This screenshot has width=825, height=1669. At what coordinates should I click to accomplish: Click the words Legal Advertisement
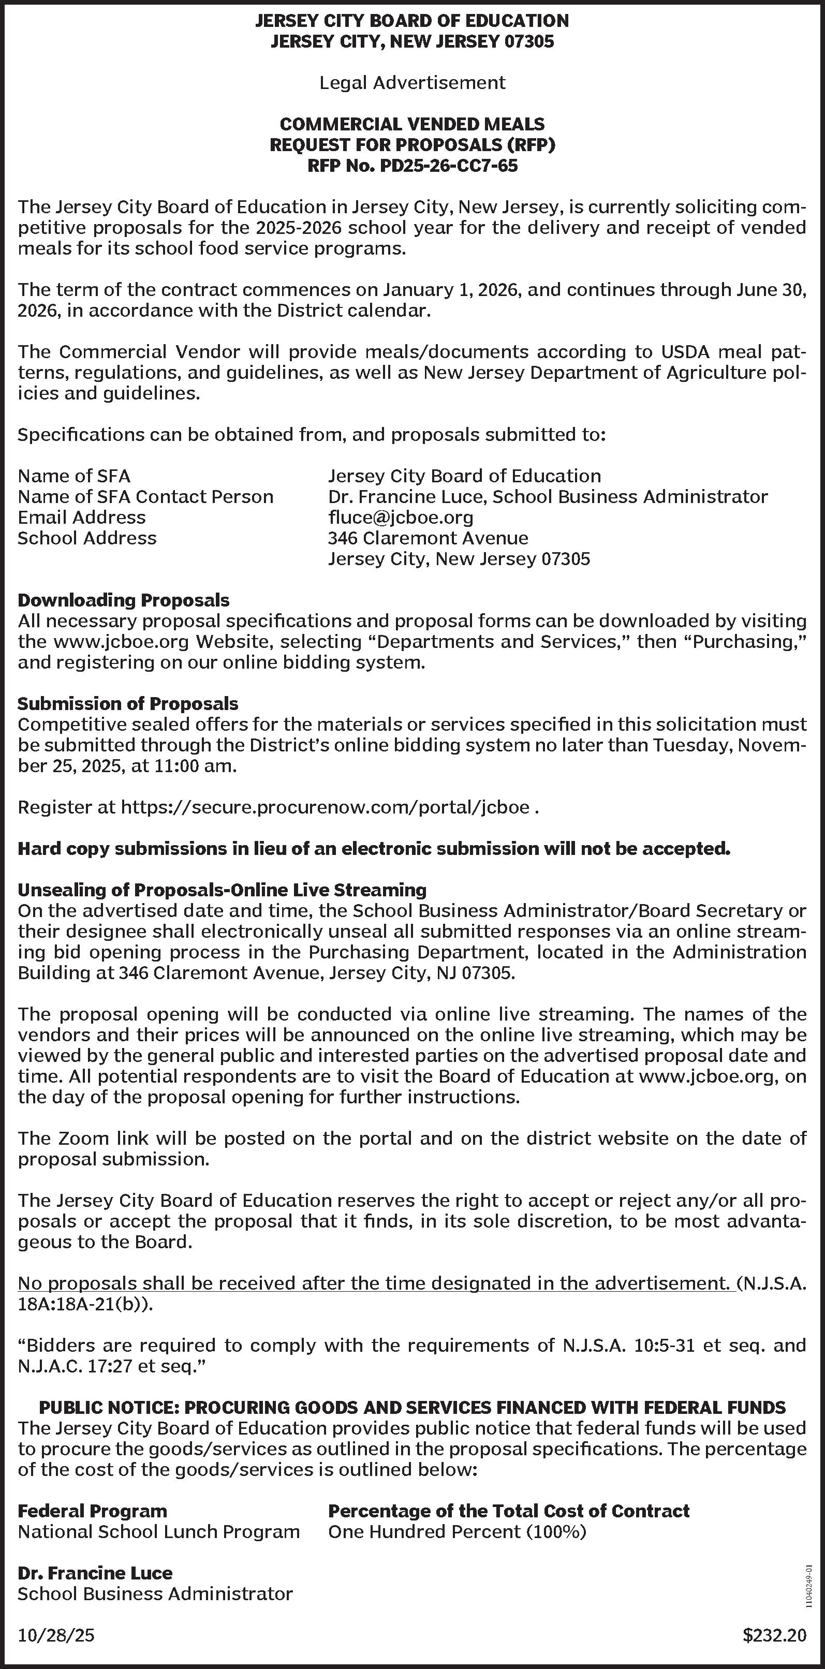click(x=412, y=83)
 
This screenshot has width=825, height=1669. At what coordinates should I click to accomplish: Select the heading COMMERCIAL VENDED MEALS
click(x=412, y=124)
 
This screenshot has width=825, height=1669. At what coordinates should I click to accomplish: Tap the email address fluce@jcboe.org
click(x=401, y=518)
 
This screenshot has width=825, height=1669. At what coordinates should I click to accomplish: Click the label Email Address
click(x=82, y=518)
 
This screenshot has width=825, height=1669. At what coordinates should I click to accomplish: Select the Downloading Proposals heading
click(x=123, y=600)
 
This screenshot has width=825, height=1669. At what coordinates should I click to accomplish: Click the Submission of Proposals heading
click(x=128, y=704)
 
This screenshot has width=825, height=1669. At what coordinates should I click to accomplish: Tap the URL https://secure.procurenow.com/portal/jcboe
click(x=326, y=807)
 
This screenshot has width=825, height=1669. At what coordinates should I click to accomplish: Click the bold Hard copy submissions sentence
click(x=373, y=849)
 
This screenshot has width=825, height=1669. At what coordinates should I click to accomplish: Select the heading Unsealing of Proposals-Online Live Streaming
click(x=222, y=890)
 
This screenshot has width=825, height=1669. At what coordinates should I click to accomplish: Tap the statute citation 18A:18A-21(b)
click(x=84, y=1304)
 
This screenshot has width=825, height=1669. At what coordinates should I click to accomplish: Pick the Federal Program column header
click(x=92, y=1511)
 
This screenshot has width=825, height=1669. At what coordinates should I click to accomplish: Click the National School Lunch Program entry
click(x=159, y=1532)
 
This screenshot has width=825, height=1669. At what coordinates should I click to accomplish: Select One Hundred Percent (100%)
click(x=457, y=1532)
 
